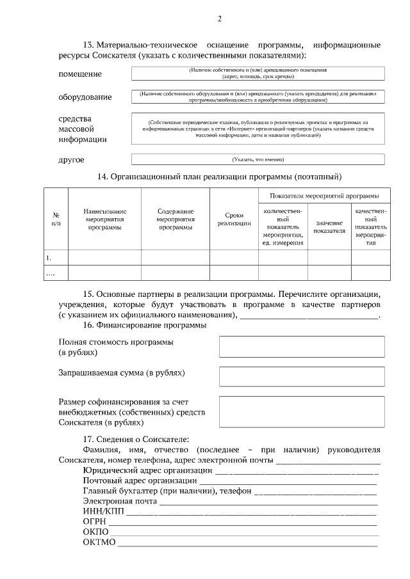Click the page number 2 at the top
219,19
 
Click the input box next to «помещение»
258,73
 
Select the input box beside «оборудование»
258,97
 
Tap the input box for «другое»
258,159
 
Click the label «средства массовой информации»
83,129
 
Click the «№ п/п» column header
56,219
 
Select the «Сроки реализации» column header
234,219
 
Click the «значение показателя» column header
329,226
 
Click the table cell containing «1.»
56,257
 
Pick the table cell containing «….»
56,273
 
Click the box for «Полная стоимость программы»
302,346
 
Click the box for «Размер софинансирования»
302,411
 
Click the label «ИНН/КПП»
103,512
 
